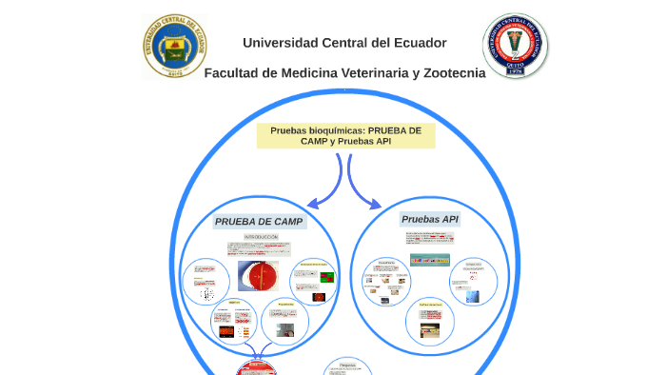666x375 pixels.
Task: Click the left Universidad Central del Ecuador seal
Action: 174,46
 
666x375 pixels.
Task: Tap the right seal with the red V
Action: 515,46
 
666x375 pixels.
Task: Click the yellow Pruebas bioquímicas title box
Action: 345,135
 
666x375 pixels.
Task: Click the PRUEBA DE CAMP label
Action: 259,222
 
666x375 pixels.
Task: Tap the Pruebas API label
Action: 430,219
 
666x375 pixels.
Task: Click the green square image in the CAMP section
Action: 327,277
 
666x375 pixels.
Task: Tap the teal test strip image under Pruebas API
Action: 429,260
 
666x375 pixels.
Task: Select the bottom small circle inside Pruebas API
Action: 430,322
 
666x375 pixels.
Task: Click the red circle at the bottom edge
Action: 258,369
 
